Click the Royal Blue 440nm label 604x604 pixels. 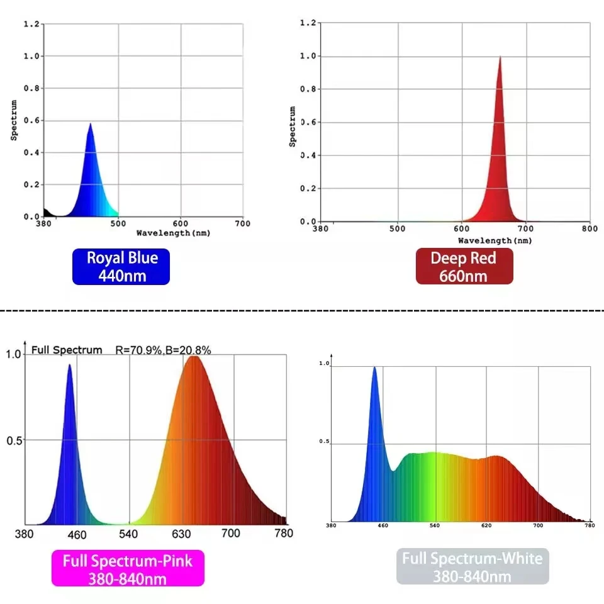coord(121,267)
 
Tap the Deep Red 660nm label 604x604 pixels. coord(464,267)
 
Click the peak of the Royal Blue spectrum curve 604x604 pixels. coord(91,125)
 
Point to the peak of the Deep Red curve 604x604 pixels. coord(500,57)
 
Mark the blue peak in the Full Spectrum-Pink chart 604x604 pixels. coord(69,365)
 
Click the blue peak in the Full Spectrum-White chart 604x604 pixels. coord(375,368)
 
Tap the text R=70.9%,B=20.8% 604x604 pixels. coord(163,350)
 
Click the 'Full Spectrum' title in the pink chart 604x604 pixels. coord(66,350)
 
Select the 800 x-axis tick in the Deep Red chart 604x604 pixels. coord(589,229)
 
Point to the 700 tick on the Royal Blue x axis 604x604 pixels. coord(242,223)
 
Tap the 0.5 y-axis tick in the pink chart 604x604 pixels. coord(14,440)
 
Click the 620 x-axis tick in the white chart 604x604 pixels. coord(486,525)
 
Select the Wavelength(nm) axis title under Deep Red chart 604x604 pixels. coord(495,240)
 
